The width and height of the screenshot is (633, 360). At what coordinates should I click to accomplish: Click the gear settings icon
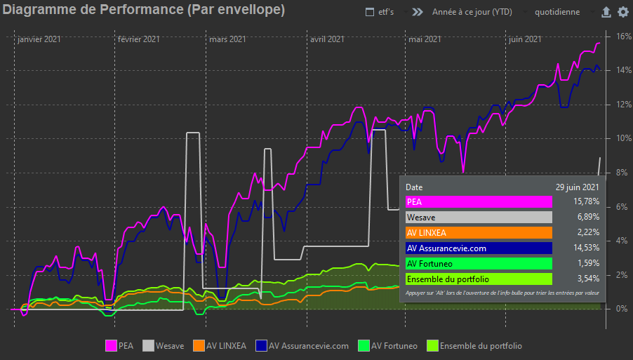coord(623,12)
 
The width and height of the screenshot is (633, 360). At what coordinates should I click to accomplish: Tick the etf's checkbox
coord(370,13)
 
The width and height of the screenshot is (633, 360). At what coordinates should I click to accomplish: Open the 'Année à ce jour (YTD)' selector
coord(472,13)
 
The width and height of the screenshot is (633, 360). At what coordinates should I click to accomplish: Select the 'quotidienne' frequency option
coord(557,13)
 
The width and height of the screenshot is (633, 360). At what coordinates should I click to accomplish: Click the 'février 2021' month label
coord(139,40)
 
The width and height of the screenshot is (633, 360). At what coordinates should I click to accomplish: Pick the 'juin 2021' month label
coord(524,40)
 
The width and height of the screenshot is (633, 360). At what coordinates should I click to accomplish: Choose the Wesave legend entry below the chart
coord(164,345)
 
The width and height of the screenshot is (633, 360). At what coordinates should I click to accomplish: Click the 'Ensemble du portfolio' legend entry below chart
coord(474,345)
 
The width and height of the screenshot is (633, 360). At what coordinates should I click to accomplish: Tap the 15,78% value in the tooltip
coord(586,202)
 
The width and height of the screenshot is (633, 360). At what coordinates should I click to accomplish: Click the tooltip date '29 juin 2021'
coord(577,187)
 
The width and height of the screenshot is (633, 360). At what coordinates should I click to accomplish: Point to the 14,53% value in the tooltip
coord(586,248)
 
